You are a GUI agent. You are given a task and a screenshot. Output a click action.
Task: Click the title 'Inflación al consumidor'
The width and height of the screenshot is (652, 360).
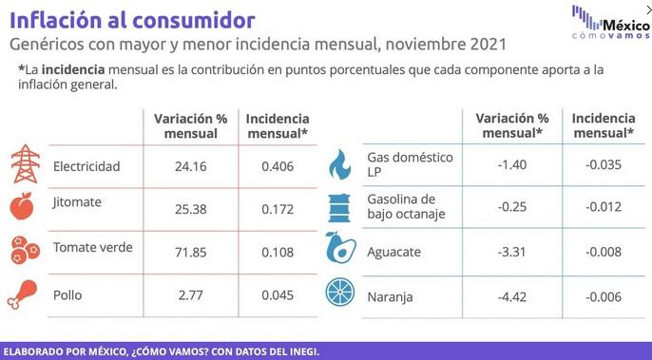coord(132,20)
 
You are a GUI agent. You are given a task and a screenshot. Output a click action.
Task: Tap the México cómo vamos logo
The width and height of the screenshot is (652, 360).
coord(610,23)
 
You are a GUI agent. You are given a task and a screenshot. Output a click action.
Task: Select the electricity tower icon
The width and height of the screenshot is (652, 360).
coord(23,165)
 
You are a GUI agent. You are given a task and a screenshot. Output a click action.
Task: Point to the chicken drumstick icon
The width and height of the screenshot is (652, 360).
coord(23,294)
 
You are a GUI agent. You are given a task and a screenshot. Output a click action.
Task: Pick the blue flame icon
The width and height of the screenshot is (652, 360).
coord(339,165)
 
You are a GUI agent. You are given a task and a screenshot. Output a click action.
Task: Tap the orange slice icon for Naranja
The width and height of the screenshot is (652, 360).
coord(339,294)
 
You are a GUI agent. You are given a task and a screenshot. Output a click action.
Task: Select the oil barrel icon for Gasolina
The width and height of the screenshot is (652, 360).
coord(339,206)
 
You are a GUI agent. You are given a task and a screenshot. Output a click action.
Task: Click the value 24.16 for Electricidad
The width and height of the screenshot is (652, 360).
coord(191,166)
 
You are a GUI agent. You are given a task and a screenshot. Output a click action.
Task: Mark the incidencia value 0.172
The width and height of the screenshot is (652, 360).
coord(278,209)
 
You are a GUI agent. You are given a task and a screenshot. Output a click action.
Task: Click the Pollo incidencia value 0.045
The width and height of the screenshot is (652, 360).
coord(278,295)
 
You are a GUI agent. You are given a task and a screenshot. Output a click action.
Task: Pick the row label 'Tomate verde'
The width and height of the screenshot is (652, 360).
coord(92,248)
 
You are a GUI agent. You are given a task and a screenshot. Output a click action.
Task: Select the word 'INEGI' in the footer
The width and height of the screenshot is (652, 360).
coord(298,351)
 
